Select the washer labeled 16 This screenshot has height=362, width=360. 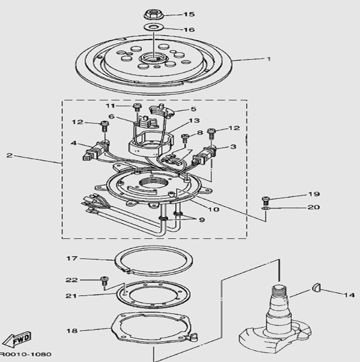154,27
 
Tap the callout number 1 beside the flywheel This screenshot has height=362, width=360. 268,59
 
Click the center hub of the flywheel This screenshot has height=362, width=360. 152,58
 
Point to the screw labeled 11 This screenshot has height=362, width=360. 137,107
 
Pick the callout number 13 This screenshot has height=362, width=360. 194,120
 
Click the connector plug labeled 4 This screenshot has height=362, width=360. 95,151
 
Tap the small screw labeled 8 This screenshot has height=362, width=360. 185,138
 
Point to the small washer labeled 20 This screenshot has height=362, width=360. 266,209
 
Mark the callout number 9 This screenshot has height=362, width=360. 202,220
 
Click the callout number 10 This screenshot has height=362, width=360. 214,209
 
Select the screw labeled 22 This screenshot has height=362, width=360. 105,281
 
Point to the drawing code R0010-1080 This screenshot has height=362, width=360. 25,354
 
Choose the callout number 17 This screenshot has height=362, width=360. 71,259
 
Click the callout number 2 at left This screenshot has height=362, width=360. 9,155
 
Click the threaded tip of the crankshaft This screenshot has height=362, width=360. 279,291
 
